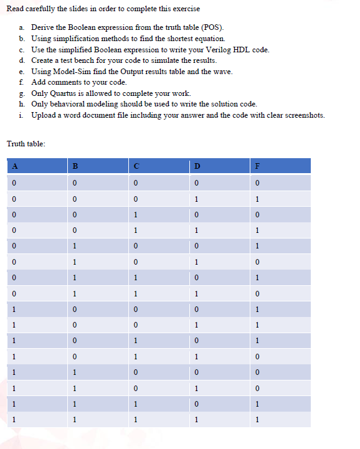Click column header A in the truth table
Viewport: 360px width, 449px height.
coord(12,166)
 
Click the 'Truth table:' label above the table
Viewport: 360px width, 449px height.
coord(26,144)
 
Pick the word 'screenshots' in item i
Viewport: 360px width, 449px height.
coord(301,115)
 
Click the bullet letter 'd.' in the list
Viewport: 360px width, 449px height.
coord(22,60)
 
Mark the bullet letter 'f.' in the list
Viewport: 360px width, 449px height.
coord(22,82)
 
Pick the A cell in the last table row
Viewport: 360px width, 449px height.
coord(12,420)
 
